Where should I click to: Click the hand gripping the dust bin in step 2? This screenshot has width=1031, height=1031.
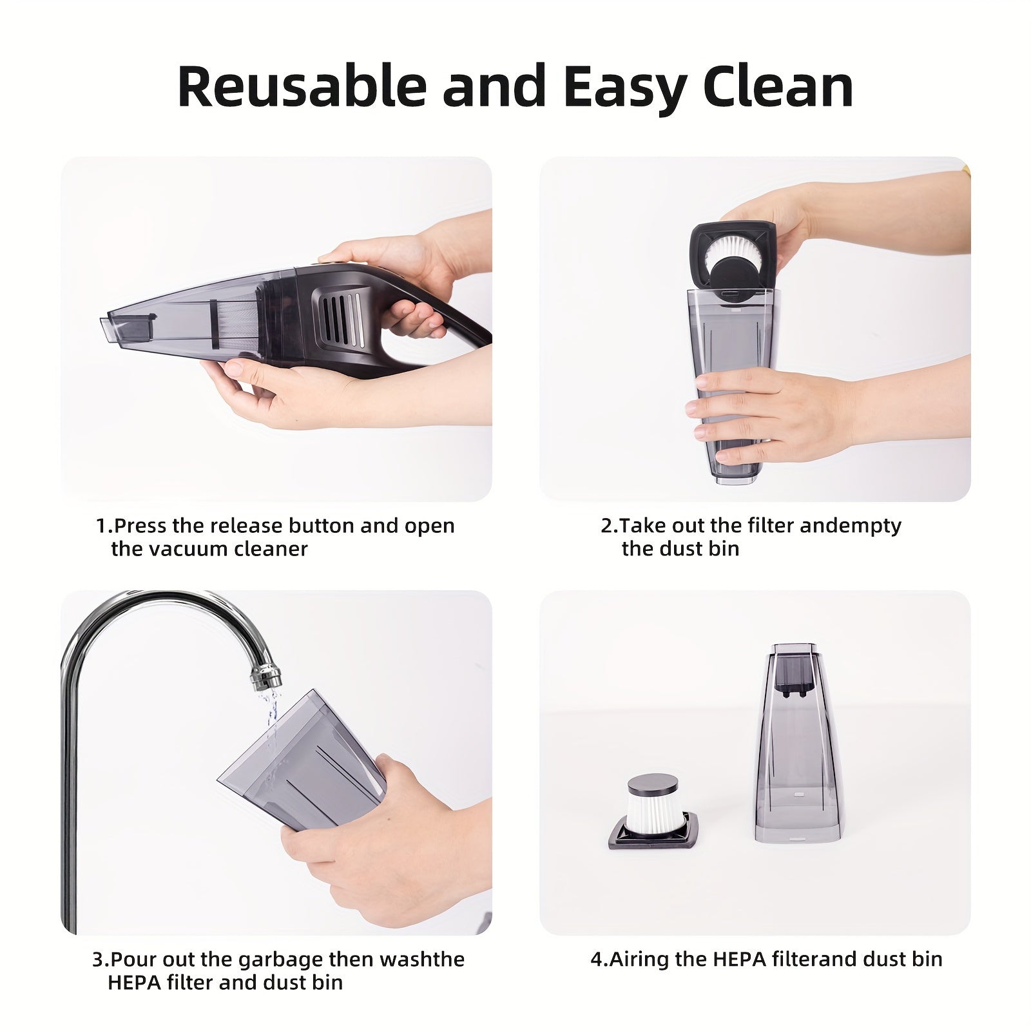click(x=773, y=413)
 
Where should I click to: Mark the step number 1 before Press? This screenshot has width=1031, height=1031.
click(x=101, y=526)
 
